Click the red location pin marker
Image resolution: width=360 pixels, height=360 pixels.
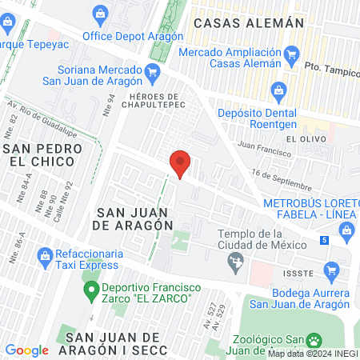click(x=181, y=164)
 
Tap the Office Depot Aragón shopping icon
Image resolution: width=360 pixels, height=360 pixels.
click(x=100, y=13)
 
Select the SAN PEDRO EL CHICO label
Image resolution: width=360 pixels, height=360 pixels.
click(x=39, y=155)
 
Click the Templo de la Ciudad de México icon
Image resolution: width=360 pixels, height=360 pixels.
click(x=235, y=260)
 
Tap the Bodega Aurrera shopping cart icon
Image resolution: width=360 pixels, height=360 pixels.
click(x=331, y=270)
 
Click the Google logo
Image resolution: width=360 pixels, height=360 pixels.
click(x=26, y=350)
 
